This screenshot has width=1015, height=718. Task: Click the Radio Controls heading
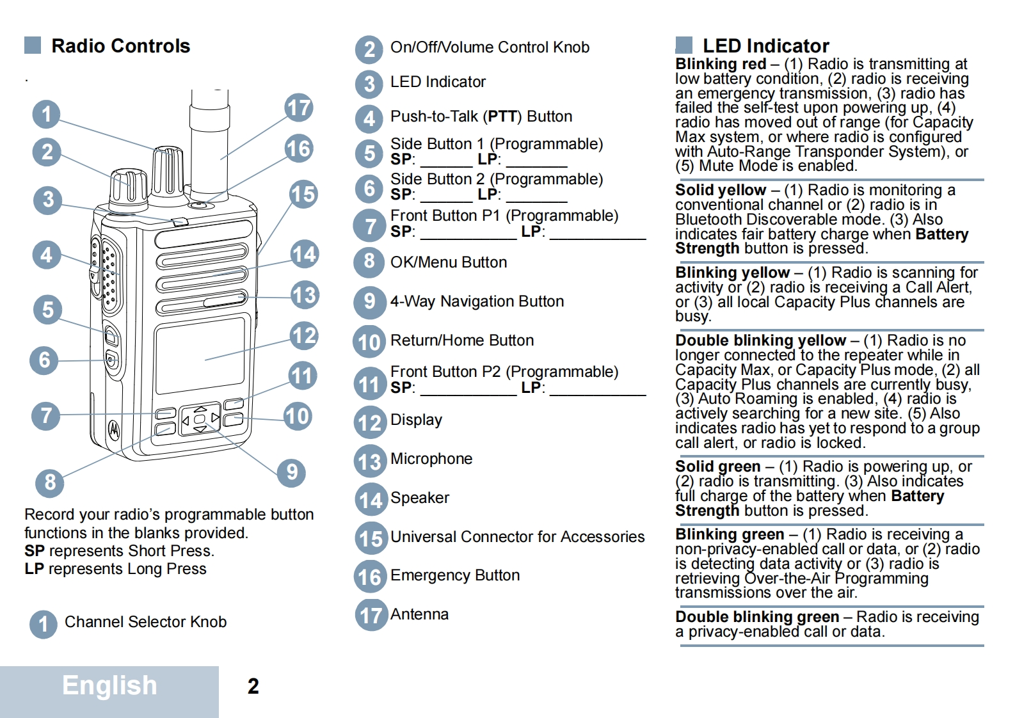120,46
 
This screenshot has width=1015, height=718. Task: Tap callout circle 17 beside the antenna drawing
299,108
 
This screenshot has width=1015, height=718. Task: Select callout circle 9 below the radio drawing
292,472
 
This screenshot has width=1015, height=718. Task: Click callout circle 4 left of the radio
46,255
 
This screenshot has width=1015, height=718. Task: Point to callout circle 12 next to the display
304,335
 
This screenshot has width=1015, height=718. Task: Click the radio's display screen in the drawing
200,355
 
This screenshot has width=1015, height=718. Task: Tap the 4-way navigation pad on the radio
200,419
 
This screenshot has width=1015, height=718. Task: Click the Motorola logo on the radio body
114,429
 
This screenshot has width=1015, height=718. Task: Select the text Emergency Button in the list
454,575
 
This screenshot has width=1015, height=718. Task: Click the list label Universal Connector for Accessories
517,536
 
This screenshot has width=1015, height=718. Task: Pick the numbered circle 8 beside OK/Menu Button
369,262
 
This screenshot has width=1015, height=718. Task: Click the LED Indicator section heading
765,46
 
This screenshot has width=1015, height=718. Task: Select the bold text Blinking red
721,64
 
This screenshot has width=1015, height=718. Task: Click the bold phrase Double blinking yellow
760,340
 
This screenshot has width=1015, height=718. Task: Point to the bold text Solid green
717,467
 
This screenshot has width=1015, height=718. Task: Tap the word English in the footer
109,685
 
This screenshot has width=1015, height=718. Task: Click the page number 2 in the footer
253,687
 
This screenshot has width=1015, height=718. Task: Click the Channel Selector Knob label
145,622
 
